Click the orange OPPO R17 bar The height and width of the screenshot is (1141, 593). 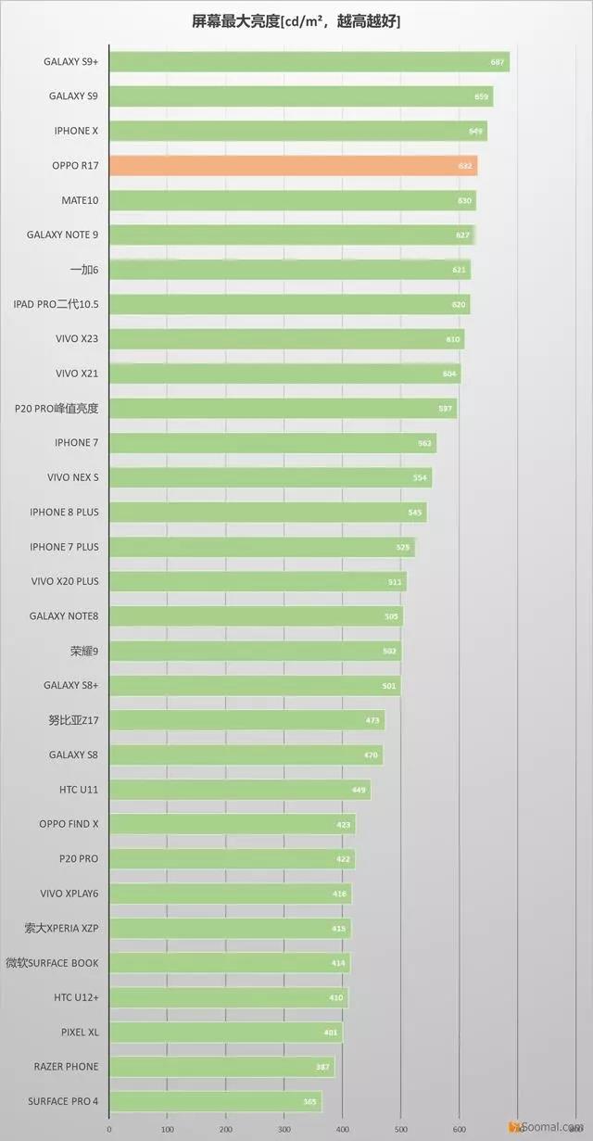[x=293, y=166]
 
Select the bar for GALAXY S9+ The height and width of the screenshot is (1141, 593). [x=309, y=62]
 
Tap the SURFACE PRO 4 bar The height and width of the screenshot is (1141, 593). [x=215, y=1101]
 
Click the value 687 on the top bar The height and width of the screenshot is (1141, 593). [x=498, y=62]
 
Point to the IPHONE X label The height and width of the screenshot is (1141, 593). [x=76, y=131]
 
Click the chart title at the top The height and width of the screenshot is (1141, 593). [x=296, y=21]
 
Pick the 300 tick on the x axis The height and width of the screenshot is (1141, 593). [x=284, y=1129]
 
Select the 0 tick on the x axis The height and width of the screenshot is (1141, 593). [x=109, y=1129]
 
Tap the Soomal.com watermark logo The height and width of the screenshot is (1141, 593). [x=551, y=1125]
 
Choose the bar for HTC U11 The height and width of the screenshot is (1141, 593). [x=240, y=790]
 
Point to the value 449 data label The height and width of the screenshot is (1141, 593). [x=359, y=790]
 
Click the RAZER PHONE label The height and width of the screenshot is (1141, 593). [x=66, y=1067]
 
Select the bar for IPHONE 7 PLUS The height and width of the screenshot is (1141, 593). [x=261, y=547]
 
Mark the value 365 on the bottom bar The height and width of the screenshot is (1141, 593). [x=309, y=1102]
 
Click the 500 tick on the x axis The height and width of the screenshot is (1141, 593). [x=401, y=1129]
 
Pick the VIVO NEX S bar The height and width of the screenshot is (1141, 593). [x=270, y=477]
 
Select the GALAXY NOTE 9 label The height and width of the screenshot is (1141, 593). [x=62, y=235]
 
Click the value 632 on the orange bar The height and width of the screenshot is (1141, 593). [x=465, y=167]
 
